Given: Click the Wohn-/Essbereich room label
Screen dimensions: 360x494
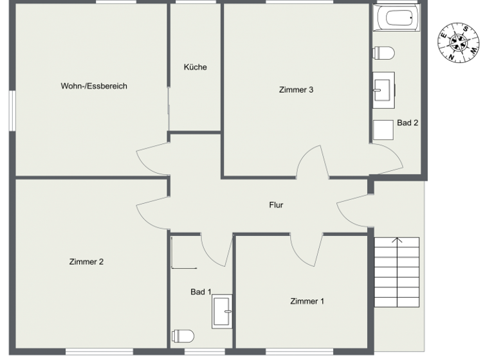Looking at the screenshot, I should pyautogui.click(x=94, y=85).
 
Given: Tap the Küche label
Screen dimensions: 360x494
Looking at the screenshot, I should pyautogui.click(x=195, y=67).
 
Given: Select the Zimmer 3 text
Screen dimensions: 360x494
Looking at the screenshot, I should pyautogui.click(x=296, y=90).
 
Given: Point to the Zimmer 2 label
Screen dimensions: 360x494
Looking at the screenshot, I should pyautogui.click(x=86, y=262).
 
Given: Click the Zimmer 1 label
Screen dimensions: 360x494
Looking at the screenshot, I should pyautogui.click(x=307, y=301).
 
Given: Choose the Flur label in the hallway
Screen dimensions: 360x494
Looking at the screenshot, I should pyautogui.click(x=276, y=206).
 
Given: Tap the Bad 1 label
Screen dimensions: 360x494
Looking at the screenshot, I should pyautogui.click(x=201, y=292).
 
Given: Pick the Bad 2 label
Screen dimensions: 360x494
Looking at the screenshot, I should pyautogui.click(x=408, y=122).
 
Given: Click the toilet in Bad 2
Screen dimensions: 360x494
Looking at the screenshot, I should pyautogui.click(x=385, y=52).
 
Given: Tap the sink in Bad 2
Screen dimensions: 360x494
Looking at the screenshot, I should pyautogui.click(x=384, y=89).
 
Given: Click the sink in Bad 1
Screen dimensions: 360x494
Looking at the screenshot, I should pyautogui.click(x=223, y=312).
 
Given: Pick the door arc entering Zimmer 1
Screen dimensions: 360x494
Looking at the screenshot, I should pyautogui.click(x=306, y=247).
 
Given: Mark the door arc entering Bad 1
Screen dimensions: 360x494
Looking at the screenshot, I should pyautogui.click(x=216, y=248).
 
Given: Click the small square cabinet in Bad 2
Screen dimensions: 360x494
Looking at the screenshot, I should pyautogui.click(x=384, y=130).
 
